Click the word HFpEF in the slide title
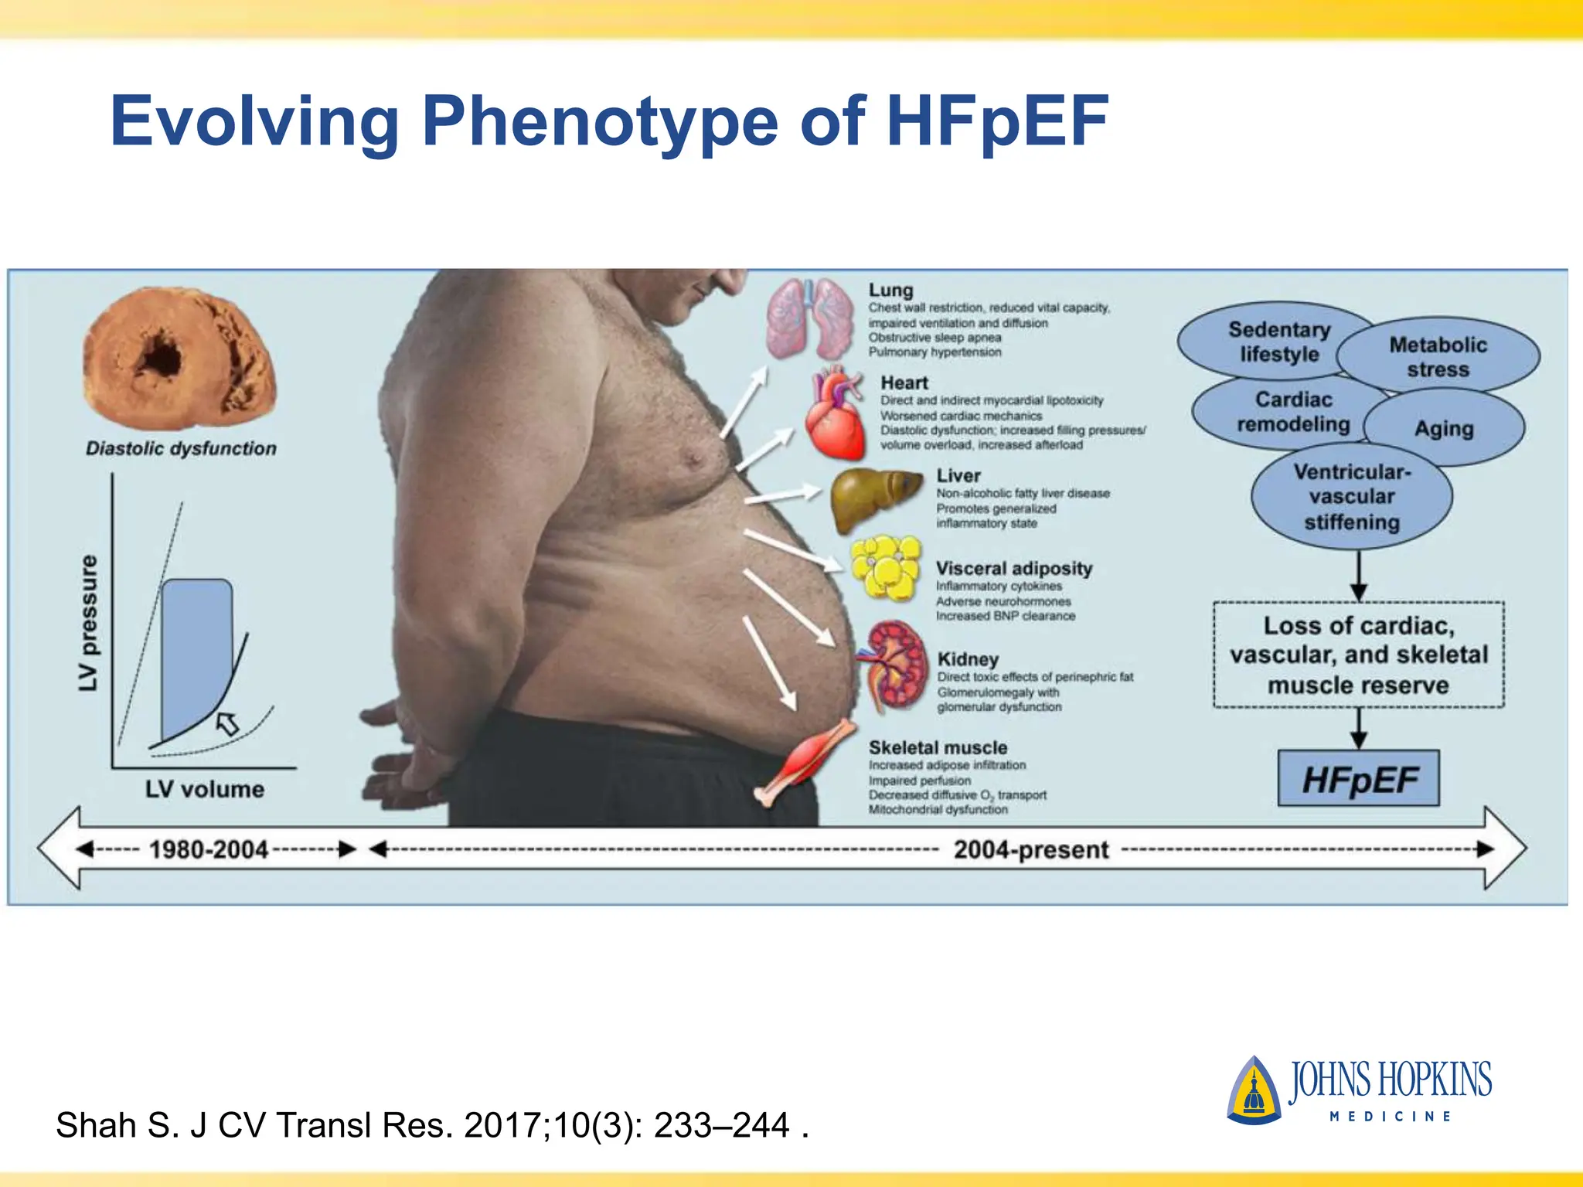997,121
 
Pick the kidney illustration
896,665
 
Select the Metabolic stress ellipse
1438,356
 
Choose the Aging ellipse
1444,428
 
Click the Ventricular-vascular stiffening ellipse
1352,496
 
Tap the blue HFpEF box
1359,779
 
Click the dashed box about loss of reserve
1358,655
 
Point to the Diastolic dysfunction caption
181,448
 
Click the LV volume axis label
205,789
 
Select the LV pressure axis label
89,623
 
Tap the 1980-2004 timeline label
209,849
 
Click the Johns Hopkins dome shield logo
1253,1090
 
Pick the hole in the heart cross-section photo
162,355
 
